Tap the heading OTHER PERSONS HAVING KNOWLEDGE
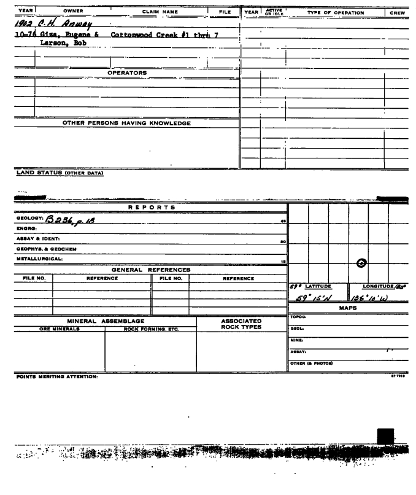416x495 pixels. coord(126,123)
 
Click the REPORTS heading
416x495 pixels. coord(150,207)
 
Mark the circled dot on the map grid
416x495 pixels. coord(362,263)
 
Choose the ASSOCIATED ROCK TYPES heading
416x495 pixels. coord(241,323)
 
